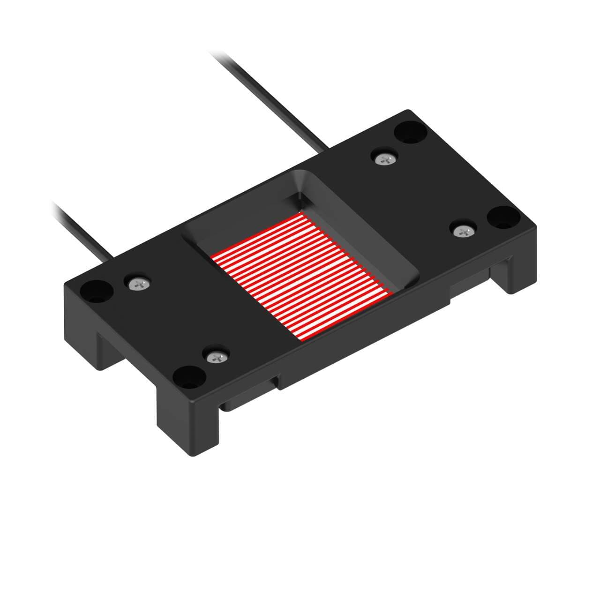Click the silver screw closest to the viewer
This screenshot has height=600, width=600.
click(x=216, y=357)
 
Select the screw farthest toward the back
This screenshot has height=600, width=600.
click(x=386, y=159)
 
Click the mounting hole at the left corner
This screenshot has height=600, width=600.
click(x=97, y=291)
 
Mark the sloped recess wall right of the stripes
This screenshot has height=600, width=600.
click(x=375, y=239)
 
